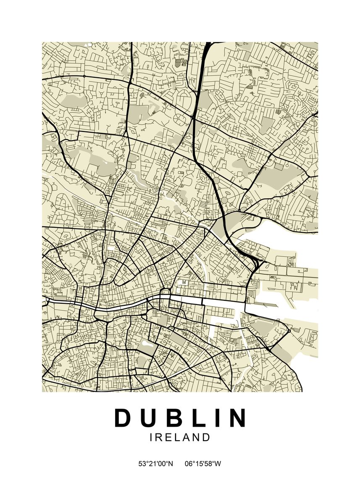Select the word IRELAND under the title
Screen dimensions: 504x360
(180, 438)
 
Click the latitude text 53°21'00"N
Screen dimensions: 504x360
(156, 464)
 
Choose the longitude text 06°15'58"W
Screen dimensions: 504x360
(203, 464)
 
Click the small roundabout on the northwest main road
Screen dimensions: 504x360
(84, 76)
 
